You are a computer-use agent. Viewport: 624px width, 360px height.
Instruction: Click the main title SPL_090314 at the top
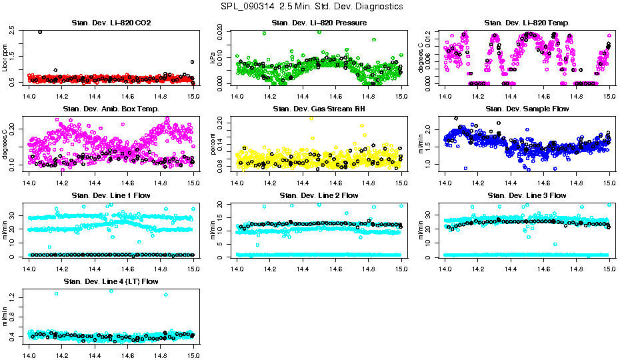click(x=311, y=6)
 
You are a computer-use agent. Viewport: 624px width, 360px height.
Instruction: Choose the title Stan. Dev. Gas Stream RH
click(x=319, y=109)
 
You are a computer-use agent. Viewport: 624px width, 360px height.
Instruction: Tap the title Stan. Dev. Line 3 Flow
click(x=527, y=195)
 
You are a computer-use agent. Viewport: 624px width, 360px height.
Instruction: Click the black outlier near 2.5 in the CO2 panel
click(x=40, y=32)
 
